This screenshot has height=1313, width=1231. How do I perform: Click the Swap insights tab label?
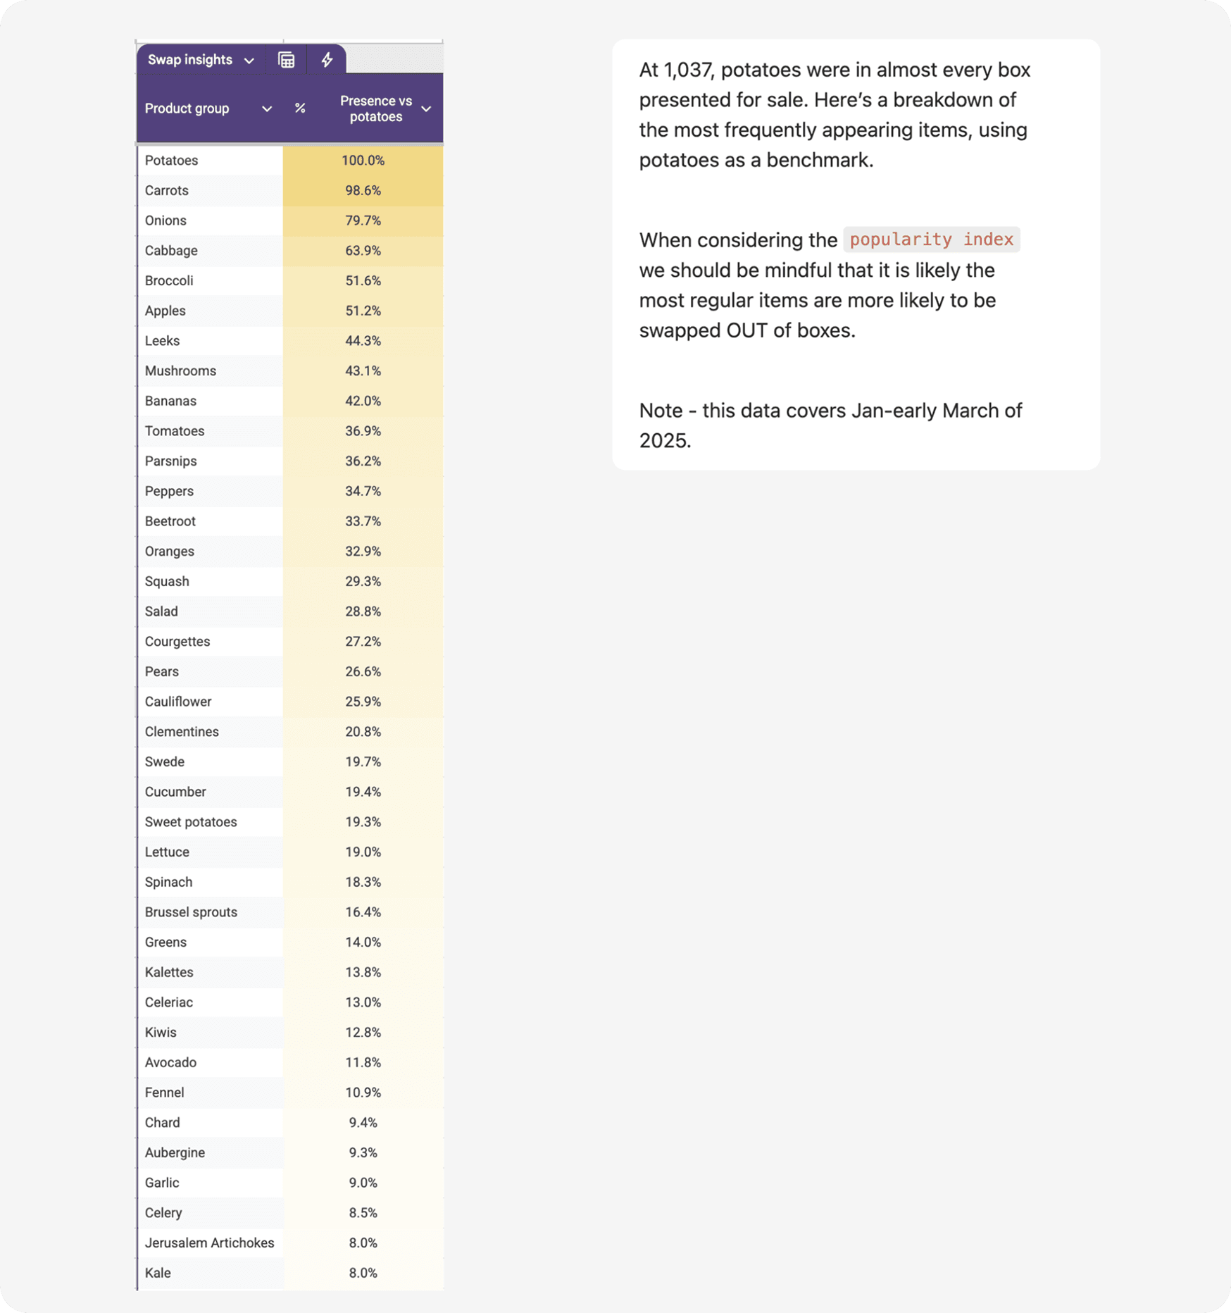pos(189,60)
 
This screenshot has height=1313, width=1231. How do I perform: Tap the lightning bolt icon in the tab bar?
pos(327,60)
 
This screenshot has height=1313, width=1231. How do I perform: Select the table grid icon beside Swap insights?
pos(286,60)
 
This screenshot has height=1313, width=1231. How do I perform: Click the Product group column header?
pos(187,108)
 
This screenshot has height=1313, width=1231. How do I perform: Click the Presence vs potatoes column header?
pos(375,108)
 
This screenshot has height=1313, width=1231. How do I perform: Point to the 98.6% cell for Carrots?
pos(363,191)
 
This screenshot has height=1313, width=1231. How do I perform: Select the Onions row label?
pos(165,220)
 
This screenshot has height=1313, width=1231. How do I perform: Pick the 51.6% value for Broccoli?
pos(363,281)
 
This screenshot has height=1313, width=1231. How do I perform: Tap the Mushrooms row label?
pos(180,371)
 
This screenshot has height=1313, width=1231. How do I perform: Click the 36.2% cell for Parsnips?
pos(363,461)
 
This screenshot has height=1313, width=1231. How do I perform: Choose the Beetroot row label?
pos(170,521)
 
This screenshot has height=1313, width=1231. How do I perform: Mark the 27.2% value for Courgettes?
pos(363,642)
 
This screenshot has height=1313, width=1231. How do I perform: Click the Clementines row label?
pos(182,732)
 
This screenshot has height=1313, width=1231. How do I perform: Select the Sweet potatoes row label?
pos(191,822)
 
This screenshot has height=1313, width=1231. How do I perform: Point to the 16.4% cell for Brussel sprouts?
pos(363,912)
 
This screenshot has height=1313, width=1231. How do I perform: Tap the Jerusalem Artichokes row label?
pos(209,1243)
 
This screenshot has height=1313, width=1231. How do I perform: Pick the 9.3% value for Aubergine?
pos(363,1152)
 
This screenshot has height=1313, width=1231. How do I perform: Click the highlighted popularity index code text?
pos(931,239)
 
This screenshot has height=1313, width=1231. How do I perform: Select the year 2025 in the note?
pos(663,441)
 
